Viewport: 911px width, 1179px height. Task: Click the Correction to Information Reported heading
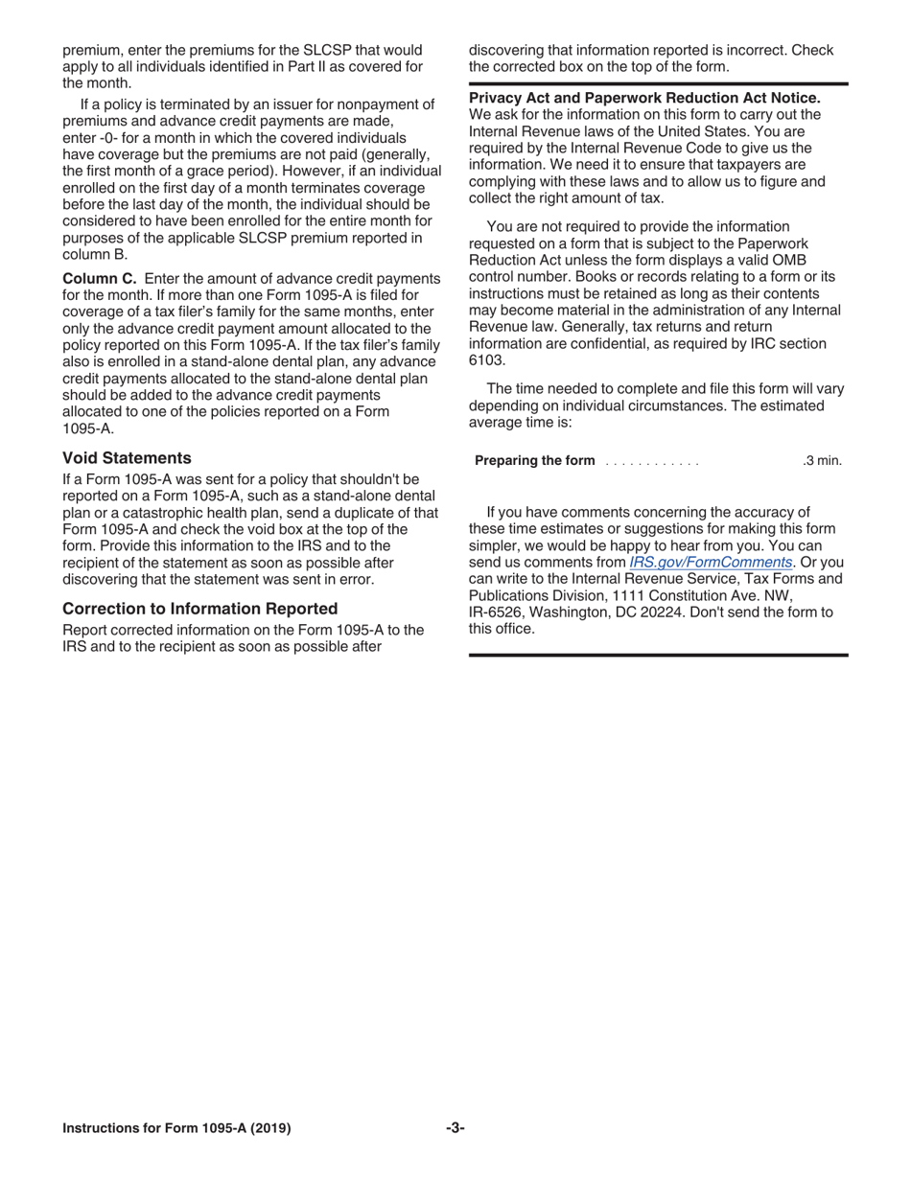tap(199, 608)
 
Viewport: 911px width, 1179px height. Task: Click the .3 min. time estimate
tap(822, 461)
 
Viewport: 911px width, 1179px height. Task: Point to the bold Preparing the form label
tap(535, 461)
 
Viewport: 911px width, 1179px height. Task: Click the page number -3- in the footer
tap(455, 1127)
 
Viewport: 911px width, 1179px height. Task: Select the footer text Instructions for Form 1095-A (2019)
tap(177, 1128)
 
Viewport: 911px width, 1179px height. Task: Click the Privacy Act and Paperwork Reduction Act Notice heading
tap(644, 99)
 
